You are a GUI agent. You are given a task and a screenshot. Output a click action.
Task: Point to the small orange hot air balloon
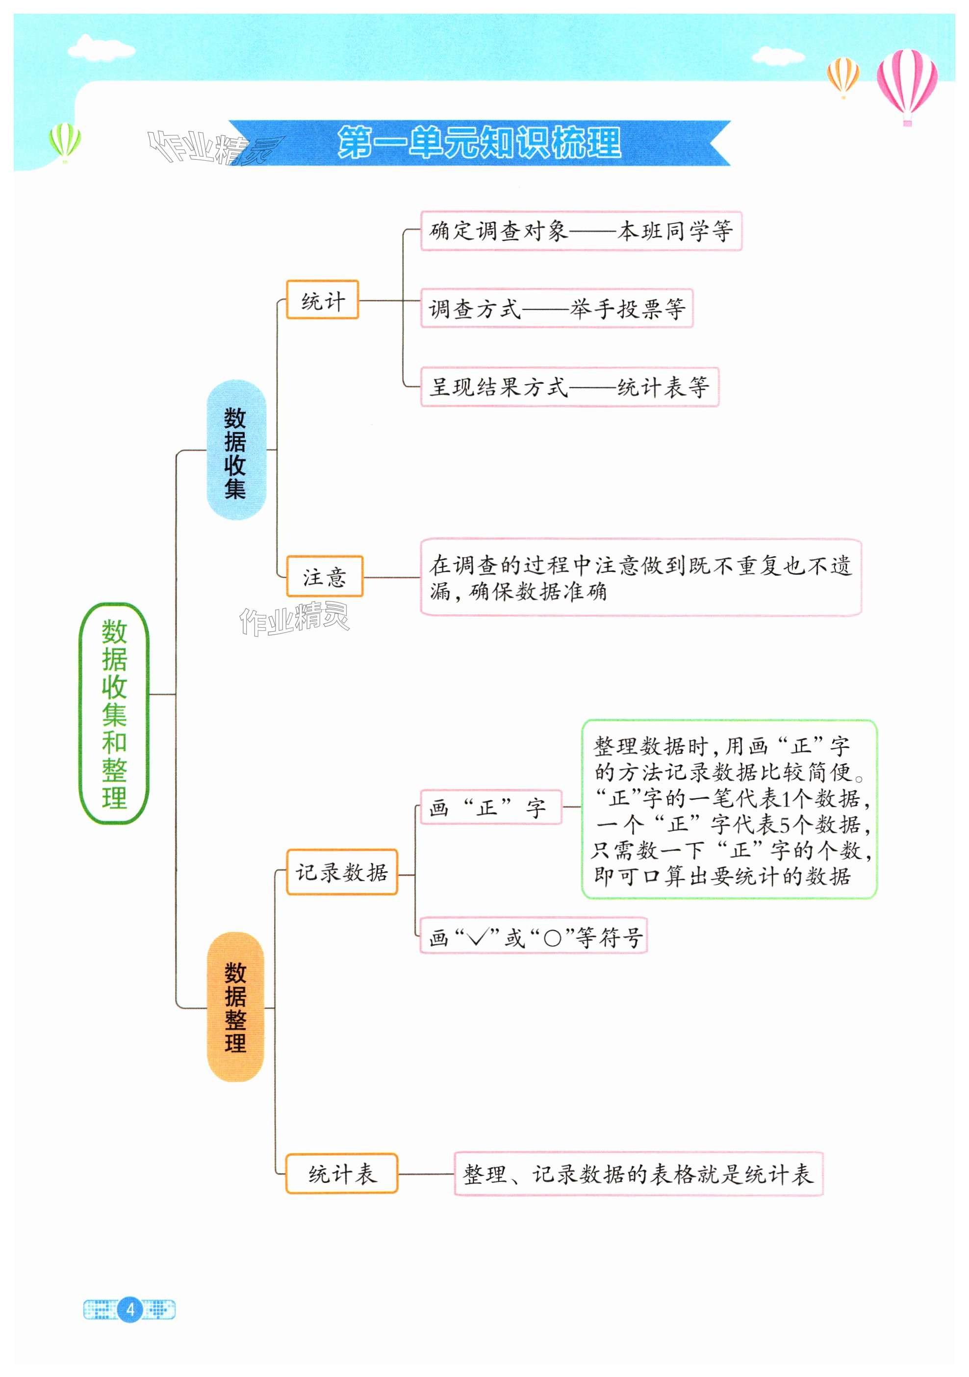(843, 74)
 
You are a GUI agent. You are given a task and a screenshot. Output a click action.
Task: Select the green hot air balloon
(64, 141)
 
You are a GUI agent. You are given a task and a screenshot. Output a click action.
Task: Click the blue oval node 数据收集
(236, 450)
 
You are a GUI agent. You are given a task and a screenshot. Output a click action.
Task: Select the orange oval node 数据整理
(235, 1007)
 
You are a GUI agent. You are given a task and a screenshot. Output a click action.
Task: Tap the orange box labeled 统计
(322, 300)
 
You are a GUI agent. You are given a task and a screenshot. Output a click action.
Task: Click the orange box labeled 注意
(325, 576)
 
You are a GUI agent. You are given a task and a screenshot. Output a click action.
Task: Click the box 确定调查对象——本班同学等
(581, 231)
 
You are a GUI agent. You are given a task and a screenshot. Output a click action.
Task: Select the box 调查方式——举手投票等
(556, 308)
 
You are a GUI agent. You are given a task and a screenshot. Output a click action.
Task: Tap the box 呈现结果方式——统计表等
(569, 387)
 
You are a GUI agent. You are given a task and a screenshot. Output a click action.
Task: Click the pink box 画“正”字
(490, 807)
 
